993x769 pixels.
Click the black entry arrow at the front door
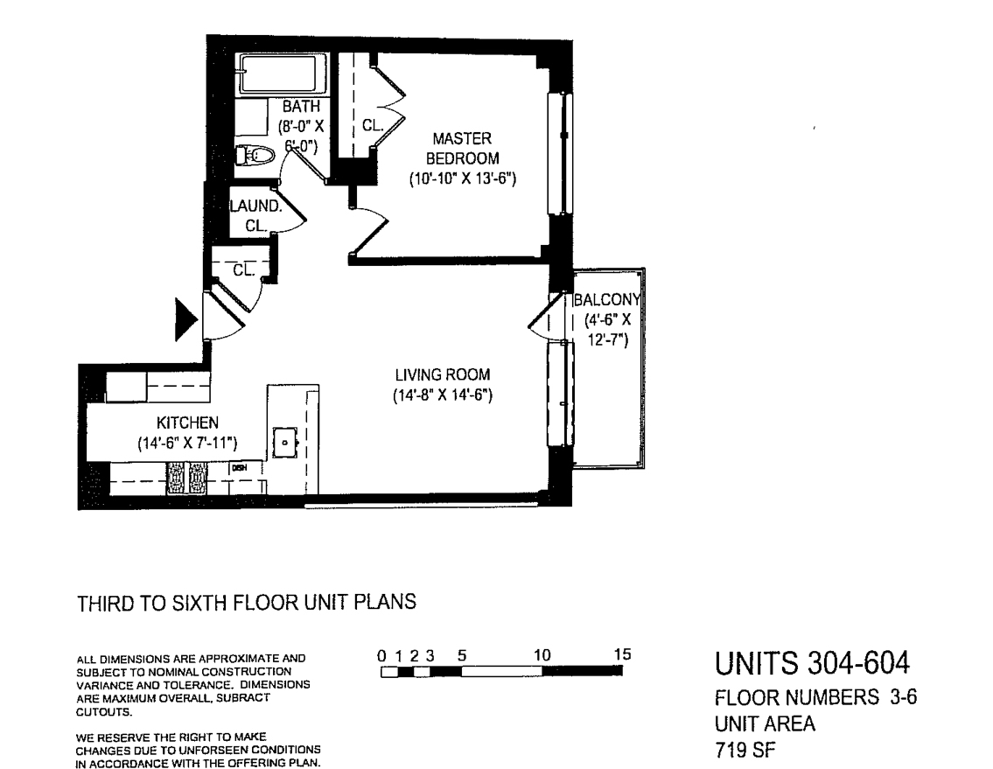pyautogui.click(x=185, y=319)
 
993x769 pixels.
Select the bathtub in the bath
pyautogui.click(x=282, y=75)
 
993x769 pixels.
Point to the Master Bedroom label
pyautogui.click(x=462, y=149)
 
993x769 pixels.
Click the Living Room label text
pyautogui.click(x=442, y=374)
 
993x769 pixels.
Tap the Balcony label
pyautogui.click(x=608, y=299)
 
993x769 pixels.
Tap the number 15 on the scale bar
pyautogui.click(x=621, y=654)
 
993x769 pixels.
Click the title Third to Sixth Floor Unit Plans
pyautogui.click(x=246, y=603)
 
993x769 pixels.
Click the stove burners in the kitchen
pyautogui.click(x=188, y=479)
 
